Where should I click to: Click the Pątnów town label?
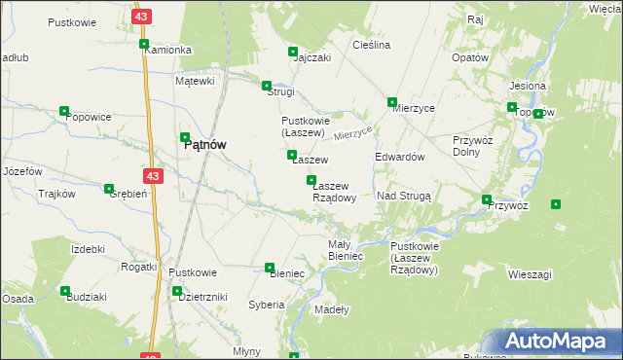point(205,144)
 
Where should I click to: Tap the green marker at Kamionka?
point(144,44)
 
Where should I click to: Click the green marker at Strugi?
point(267,86)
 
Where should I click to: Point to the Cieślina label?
point(371,45)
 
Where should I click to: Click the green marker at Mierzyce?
point(392,102)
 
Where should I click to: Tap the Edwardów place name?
point(399,157)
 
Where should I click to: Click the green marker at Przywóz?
point(487,200)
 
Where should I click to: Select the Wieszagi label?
point(530,275)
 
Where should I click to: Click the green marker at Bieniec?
point(270,268)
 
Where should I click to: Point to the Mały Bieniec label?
point(346,249)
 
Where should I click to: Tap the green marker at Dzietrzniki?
point(177,291)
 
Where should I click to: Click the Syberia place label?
point(266,305)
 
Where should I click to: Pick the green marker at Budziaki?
point(64,291)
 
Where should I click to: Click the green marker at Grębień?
point(108,188)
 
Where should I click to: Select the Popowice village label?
point(89,117)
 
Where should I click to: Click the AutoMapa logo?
point(557,342)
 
